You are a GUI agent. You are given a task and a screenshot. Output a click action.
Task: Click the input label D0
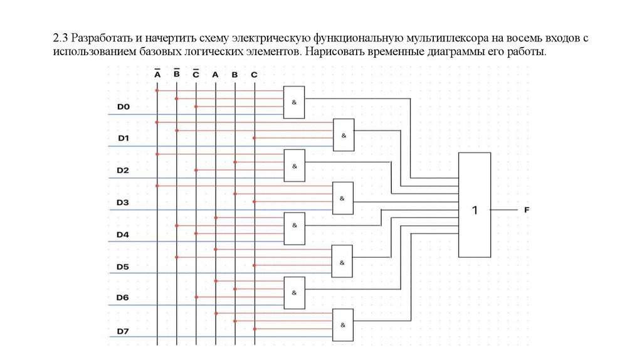click(123, 107)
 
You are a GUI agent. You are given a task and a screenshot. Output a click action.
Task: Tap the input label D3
click(123, 203)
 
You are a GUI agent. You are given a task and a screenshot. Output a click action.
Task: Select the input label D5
click(123, 267)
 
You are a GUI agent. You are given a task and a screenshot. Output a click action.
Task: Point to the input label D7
click(123, 331)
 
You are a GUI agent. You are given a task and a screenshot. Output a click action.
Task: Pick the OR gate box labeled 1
click(475, 204)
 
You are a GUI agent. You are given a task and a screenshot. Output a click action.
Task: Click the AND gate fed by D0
click(293, 102)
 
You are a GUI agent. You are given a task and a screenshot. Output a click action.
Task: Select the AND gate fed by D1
click(343, 135)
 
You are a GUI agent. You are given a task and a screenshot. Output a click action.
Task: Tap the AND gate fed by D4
click(293, 228)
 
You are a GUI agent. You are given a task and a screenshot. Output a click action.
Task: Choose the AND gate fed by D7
click(343, 325)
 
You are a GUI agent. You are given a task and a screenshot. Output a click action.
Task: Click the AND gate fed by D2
click(293, 166)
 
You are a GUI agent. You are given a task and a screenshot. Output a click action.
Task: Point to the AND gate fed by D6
click(293, 293)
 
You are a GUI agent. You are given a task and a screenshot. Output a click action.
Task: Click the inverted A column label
click(157, 74)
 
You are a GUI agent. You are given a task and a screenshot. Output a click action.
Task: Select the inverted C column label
click(196, 74)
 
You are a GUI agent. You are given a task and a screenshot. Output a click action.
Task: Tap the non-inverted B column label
click(234, 75)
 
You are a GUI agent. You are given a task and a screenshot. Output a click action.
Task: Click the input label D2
click(123, 171)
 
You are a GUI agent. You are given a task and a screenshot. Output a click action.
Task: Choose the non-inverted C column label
click(254, 75)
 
